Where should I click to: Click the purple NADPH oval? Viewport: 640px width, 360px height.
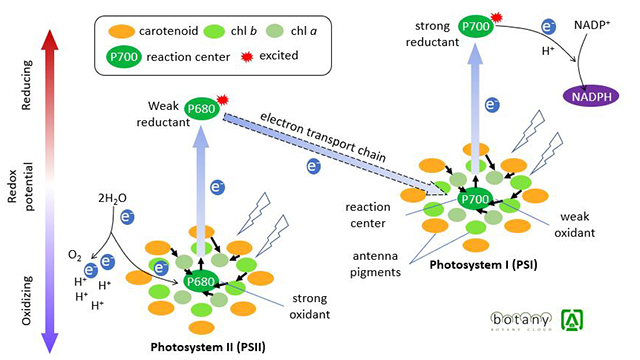click(x=594, y=95)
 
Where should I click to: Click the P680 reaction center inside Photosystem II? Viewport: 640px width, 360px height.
click(x=203, y=282)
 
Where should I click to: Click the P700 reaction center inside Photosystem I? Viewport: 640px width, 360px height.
click(x=477, y=200)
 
